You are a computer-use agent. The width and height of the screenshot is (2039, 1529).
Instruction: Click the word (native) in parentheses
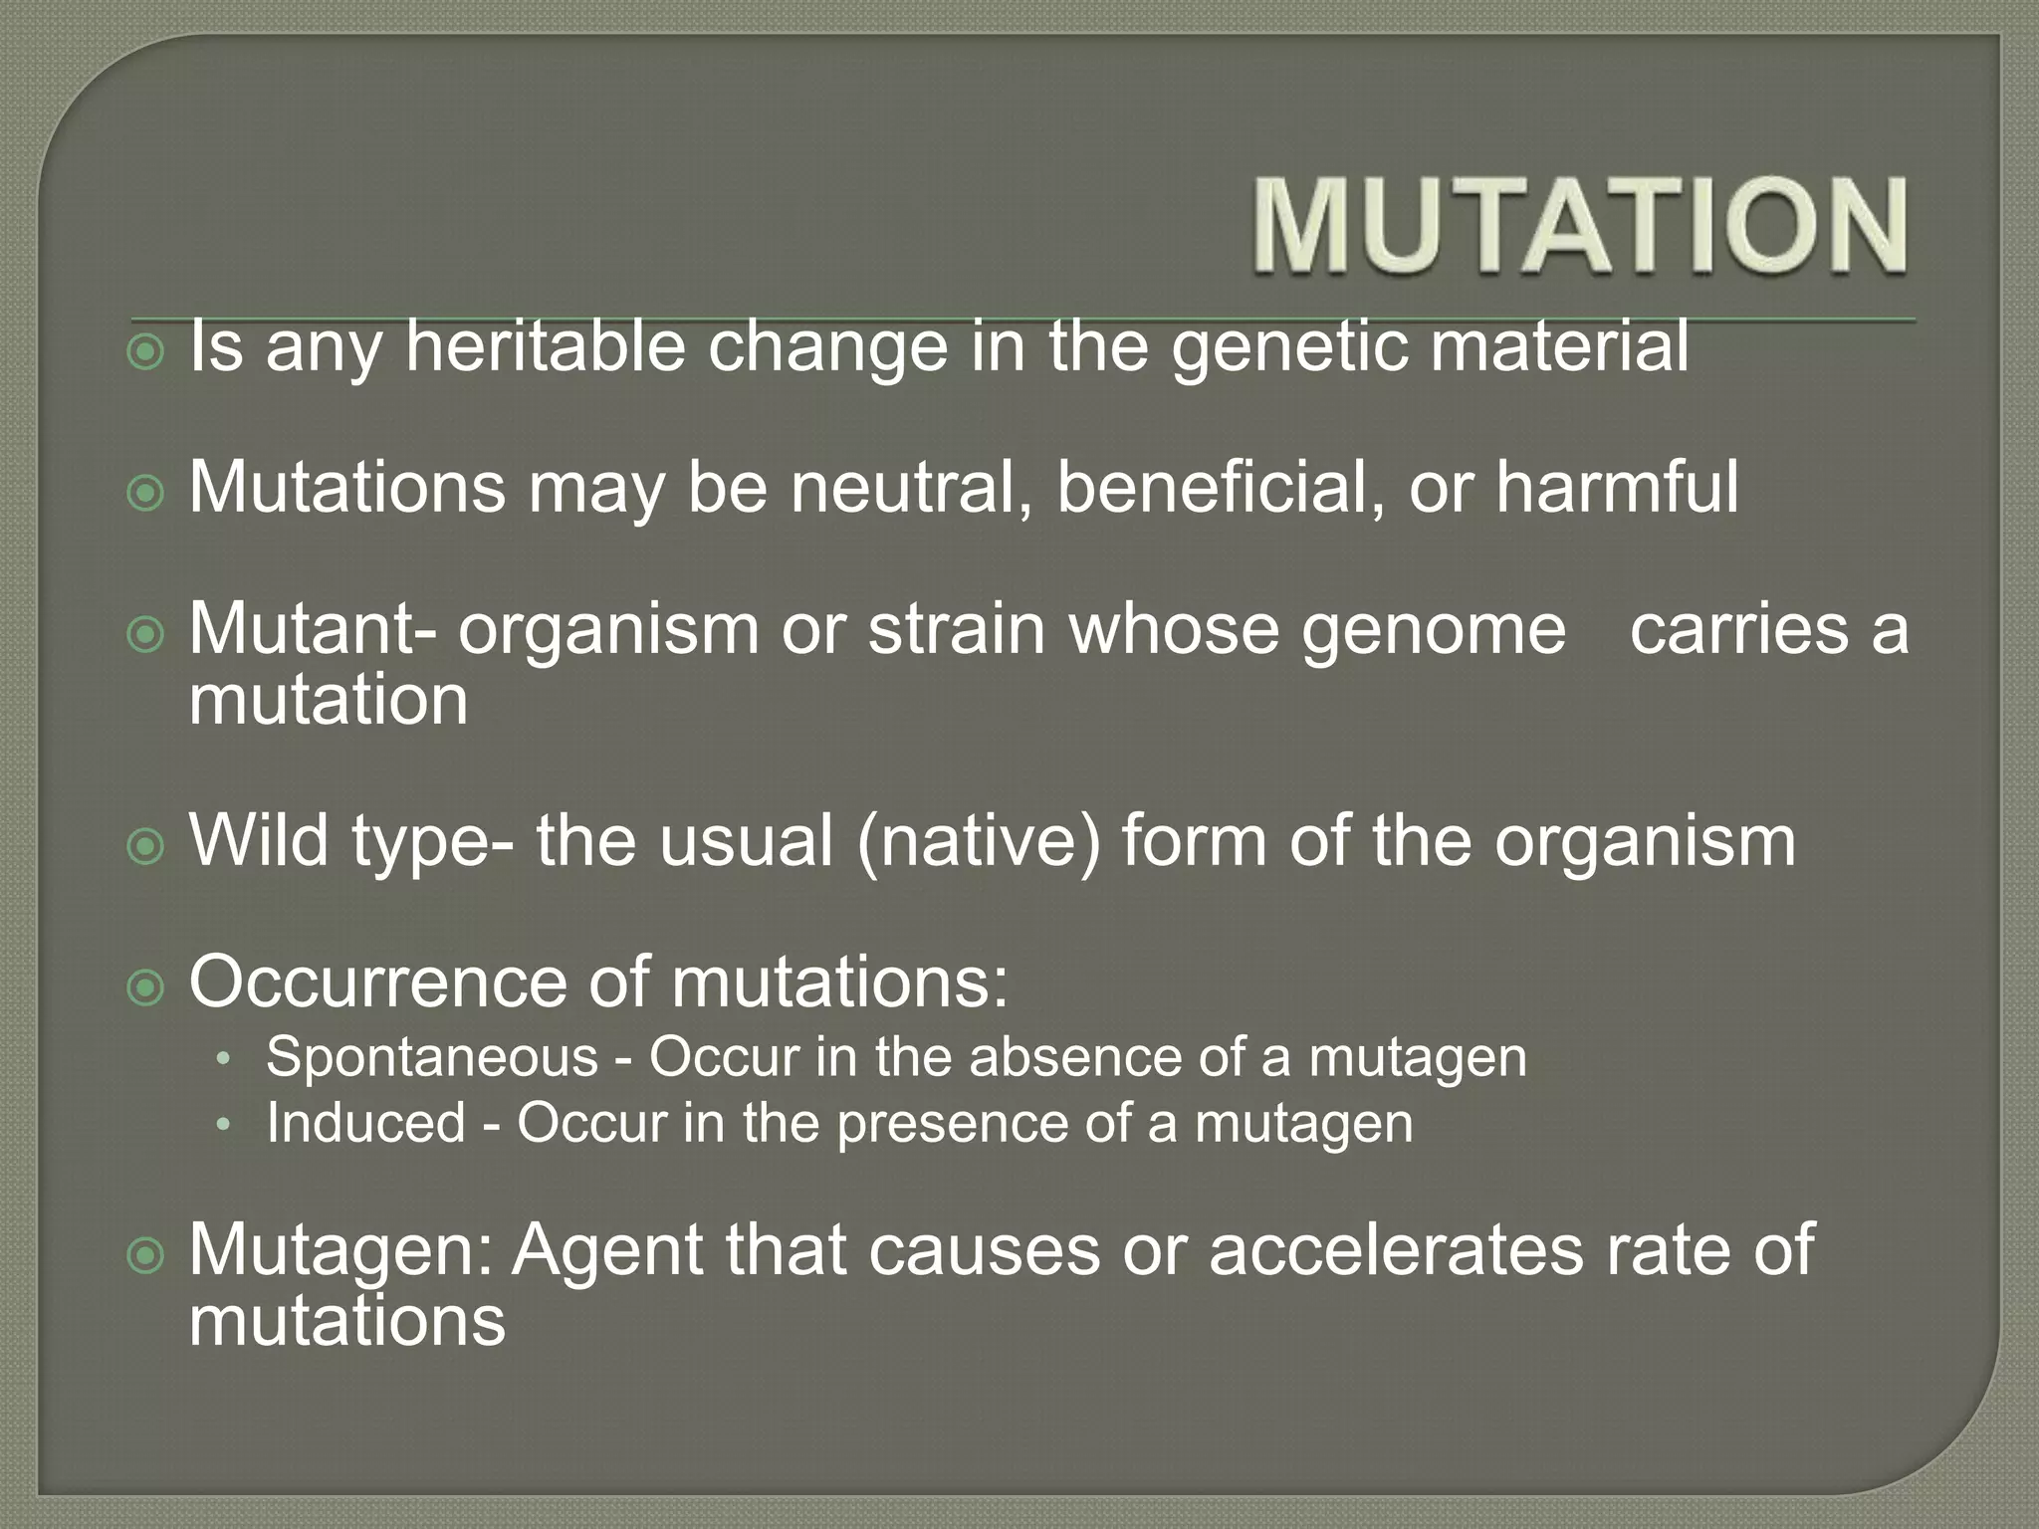pos(978,842)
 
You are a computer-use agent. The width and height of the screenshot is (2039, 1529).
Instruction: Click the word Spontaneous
pos(431,1056)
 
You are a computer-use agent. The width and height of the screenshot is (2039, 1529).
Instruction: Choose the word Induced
pos(365,1123)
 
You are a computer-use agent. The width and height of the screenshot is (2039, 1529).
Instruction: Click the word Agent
pos(607,1251)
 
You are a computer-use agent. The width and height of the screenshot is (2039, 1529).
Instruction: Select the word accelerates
pos(1395,1249)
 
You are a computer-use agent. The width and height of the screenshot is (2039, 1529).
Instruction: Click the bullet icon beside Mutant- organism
pos(146,634)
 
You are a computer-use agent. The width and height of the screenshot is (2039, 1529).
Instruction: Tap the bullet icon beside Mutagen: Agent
pos(146,1255)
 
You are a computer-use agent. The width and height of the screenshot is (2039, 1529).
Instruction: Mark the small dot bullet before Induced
pos(223,1125)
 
